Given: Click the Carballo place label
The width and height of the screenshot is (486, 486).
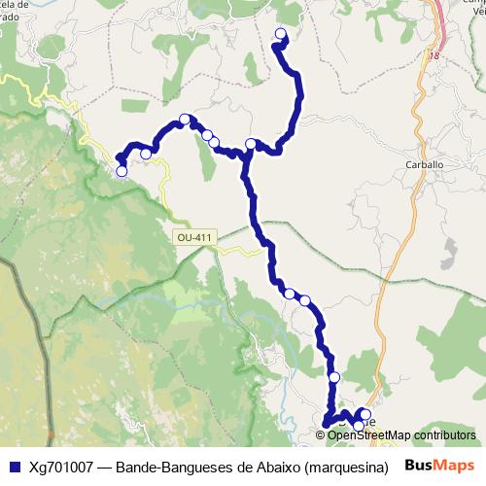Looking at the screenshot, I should tap(424, 165).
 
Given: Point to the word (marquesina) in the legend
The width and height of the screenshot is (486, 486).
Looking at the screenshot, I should tap(338, 466).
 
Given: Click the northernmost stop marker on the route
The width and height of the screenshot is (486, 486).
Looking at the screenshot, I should tap(281, 35).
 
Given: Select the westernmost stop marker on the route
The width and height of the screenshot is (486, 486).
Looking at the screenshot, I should tap(121, 171).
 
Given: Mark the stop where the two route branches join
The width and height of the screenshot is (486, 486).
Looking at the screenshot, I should tap(251, 145).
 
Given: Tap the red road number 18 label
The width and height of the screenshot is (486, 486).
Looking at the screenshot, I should tap(433, 56).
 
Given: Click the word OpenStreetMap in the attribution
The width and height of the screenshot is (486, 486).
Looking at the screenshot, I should tap(369, 435).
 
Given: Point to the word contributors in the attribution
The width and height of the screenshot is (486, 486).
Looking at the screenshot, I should tap(443, 435).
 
